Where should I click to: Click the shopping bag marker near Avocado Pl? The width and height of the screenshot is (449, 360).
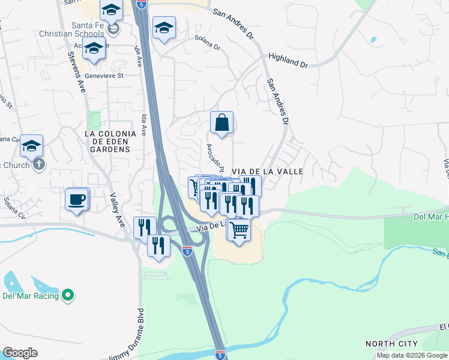(x=221, y=123)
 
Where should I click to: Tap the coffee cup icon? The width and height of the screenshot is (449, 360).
(x=77, y=199)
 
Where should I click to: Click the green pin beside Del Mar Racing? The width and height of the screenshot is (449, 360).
(x=68, y=295)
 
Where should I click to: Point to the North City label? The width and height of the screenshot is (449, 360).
(x=391, y=344)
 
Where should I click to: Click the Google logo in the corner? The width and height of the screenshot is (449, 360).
(x=20, y=352)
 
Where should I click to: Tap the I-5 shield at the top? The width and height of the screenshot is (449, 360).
(x=141, y=4)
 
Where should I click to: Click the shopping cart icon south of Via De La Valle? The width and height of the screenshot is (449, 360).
(x=239, y=230)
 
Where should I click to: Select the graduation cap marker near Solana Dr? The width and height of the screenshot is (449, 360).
(x=163, y=28)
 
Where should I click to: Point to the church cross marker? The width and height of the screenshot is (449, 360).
(x=39, y=164)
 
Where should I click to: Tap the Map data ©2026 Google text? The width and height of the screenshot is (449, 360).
(x=412, y=355)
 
